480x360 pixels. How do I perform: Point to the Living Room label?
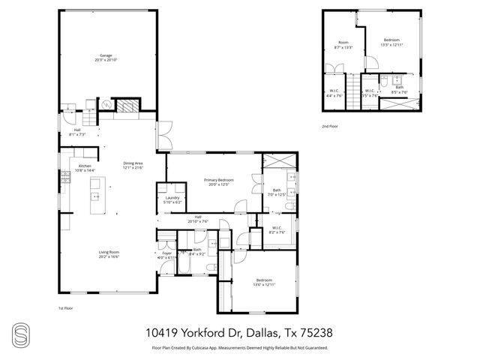[x=109, y=254]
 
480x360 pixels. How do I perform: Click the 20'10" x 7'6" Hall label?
[x=197, y=219]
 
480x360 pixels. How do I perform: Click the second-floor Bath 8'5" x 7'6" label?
[x=400, y=90]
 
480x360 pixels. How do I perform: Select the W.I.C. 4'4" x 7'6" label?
[x=334, y=93]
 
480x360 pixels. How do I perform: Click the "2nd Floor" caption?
[x=330, y=126]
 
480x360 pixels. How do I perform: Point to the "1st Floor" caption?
[x=66, y=308]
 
